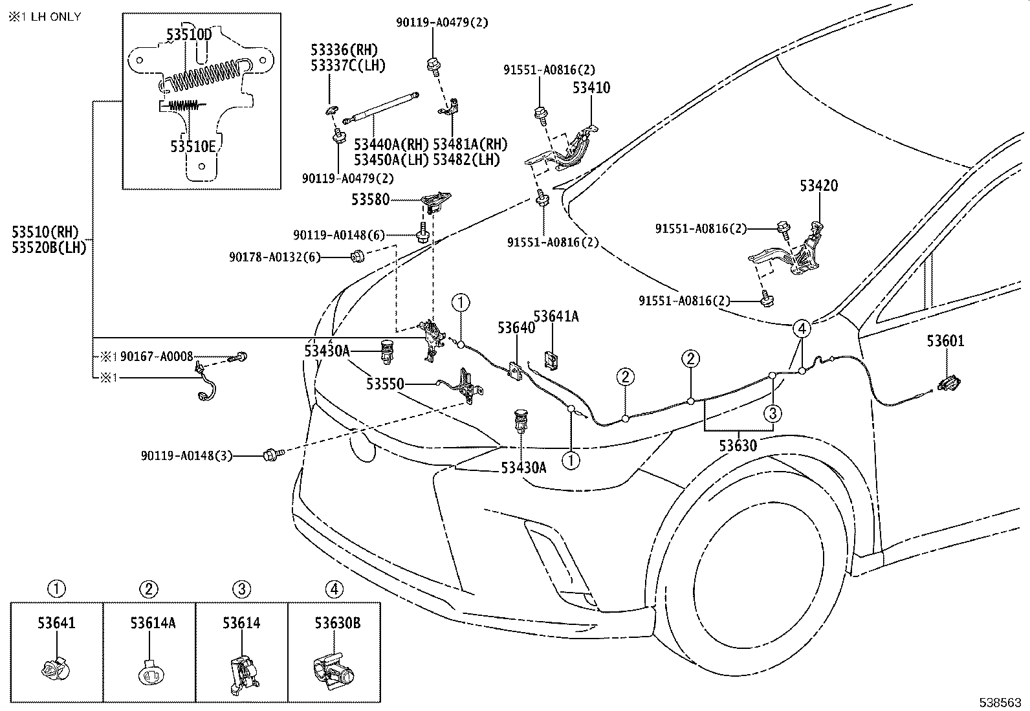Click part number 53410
[x=591, y=88]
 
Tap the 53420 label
[x=818, y=186]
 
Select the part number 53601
[x=945, y=341]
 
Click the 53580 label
[x=370, y=200]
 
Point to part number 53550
[x=385, y=384]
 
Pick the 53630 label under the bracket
[x=738, y=446]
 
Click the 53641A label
[x=556, y=316]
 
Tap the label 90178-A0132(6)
[x=274, y=257]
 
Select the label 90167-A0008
[x=157, y=356]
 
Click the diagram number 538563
[x=1000, y=702]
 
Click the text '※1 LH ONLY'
[x=45, y=17]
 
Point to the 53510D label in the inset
[x=189, y=34]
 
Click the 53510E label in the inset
[x=193, y=147]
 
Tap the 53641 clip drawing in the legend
[x=55, y=670]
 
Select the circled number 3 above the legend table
[x=241, y=589]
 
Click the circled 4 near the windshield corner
[x=802, y=329]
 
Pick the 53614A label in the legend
[x=153, y=623]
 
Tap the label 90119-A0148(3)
[x=186, y=455]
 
